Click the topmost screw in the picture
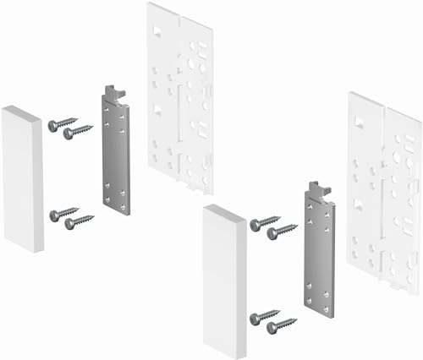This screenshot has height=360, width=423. point(63,123)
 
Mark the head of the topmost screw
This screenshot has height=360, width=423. point(52,126)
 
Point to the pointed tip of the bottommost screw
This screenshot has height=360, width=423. point(297,319)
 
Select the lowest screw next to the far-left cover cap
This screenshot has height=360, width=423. point(79,221)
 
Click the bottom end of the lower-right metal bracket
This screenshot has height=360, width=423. point(320,310)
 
